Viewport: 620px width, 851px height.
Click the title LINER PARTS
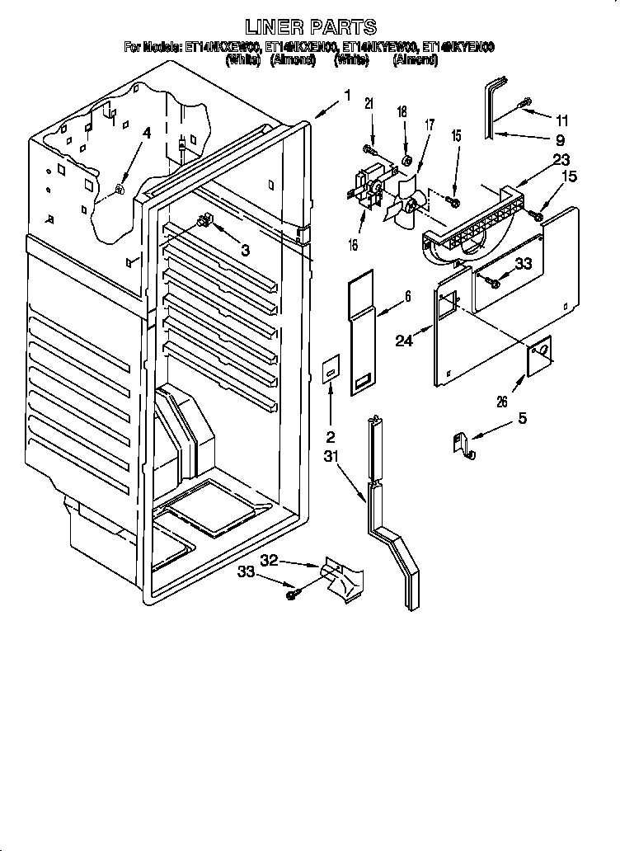(x=312, y=27)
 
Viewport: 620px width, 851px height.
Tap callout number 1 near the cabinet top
(x=347, y=96)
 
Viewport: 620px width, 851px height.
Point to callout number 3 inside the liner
(x=245, y=249)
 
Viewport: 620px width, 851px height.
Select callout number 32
(x=269, y=560)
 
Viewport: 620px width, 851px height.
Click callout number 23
(x=561, y=162)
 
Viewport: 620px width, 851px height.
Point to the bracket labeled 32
(x=339, y=578)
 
